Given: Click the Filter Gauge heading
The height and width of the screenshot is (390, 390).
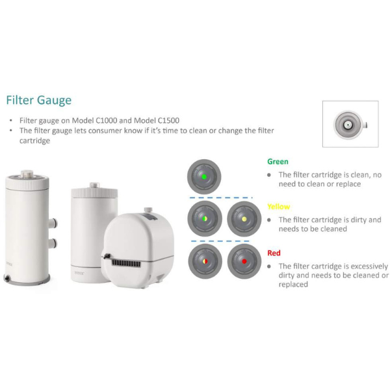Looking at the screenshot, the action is pos(39,101).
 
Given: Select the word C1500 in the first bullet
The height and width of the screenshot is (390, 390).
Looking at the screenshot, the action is pos(168,120).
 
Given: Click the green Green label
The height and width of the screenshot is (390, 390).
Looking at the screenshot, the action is pos(278,162).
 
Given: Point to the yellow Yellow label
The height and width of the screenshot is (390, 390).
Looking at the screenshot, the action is pos(279,207).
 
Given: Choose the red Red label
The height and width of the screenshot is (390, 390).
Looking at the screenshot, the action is pos(274,253).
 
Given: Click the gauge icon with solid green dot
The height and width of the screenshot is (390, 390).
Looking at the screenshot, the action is pos(204,177).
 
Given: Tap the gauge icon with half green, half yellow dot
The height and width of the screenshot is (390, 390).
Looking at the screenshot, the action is pos(205,218).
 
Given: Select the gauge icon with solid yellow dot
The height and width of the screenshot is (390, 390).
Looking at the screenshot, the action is pos(244,218).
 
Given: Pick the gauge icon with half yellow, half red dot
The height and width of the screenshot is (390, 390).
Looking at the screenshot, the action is pos(205,261).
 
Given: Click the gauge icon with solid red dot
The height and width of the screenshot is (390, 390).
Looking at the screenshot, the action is pos(244,261).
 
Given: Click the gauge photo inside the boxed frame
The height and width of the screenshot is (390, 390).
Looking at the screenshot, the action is pos(350,125).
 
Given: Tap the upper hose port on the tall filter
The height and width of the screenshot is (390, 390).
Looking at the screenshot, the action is pos(53,222).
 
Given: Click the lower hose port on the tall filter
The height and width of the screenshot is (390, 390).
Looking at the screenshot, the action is pos(53,243).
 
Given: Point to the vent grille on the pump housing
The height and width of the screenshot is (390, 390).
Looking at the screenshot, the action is pos(126,263).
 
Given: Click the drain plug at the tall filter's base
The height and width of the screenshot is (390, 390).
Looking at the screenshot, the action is pos(7,278).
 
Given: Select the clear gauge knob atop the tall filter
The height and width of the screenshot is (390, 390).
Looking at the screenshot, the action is pos(27,174).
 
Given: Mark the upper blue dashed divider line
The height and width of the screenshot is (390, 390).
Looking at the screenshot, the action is pos(221,198).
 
